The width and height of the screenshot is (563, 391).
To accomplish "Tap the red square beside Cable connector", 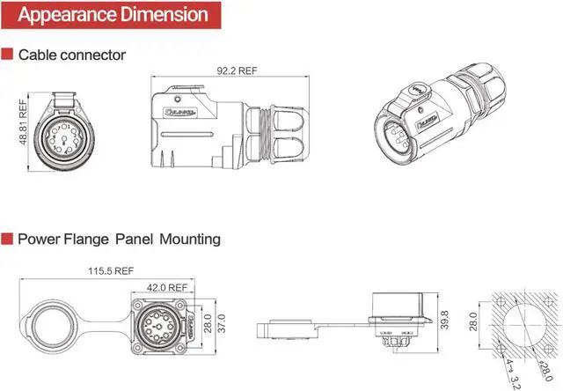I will (7, 55).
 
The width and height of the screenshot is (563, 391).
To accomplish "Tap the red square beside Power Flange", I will (7, 239).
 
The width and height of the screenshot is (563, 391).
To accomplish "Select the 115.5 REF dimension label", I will (110, 271).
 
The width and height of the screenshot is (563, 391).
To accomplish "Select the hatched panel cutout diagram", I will (523, 325).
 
